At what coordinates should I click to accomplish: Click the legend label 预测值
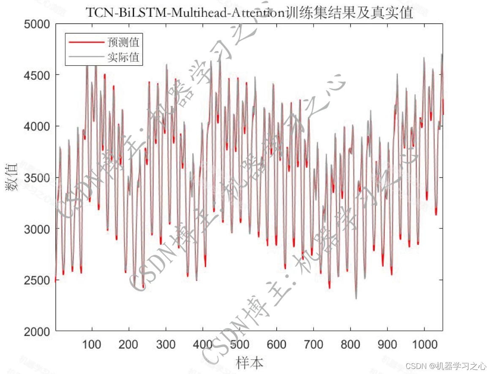pyautogui.click(x=123, y=42)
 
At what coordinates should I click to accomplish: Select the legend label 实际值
pyautogui.click(x=123, y=57)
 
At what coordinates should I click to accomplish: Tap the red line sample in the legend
pyautogui.click(x=86, y=42)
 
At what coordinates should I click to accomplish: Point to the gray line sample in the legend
pyautogui.click(x=86, y=57)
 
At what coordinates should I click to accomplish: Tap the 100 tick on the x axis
pyautogui.click(x=92, y=344)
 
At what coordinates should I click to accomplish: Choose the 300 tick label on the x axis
pyautogui.click(x=166, y=344)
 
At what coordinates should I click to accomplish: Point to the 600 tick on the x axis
pyautogui.click(x=276, y=344)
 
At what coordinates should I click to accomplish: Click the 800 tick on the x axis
pyautogui.click(x=350, y=344)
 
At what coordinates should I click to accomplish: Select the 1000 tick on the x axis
pyautogui.click(x=424, y=344)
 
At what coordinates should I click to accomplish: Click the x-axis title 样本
pyautogui.click(x=250, y=362)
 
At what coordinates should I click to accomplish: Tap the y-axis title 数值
pyautogui.click(x=12, y=177)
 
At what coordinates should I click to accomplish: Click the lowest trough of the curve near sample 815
pyautogui.click(x=356, y=298)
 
